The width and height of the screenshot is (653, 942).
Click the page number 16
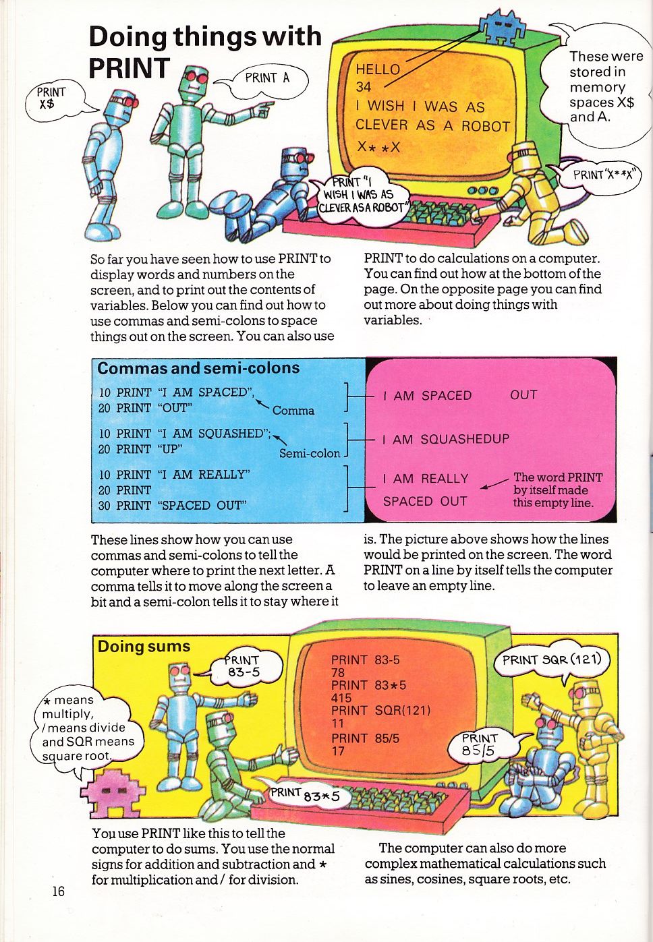click(59, 891)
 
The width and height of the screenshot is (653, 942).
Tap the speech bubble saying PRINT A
click(267, 78)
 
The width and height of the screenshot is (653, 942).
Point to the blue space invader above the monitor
click(501, 27)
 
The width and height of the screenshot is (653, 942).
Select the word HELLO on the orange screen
click(378, 69)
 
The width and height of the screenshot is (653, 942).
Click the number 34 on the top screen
click(364, 86)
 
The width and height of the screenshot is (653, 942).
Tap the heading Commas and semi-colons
click(198, 368)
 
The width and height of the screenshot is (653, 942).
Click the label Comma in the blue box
click(293, 411)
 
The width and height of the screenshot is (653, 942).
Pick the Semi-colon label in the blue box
click(310, 454)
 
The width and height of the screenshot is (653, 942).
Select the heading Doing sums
click(144, 647)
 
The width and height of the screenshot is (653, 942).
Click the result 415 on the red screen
click(341, 698)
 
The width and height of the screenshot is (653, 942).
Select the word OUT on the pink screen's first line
click(523, 395)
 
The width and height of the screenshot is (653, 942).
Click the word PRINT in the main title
click(129, 68)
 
